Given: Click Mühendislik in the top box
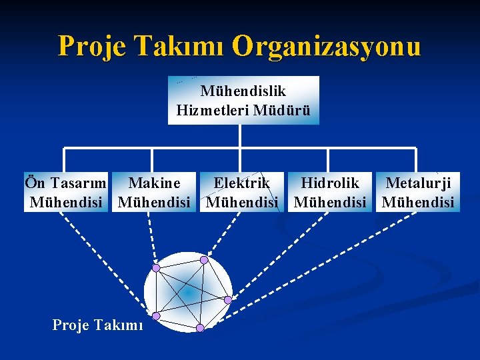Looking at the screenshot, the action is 243,91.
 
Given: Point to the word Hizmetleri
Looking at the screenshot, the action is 213,110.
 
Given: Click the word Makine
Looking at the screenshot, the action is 154,183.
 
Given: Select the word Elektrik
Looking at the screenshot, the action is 241,183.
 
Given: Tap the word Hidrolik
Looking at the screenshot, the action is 329,183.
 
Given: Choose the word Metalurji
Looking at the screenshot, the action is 418,183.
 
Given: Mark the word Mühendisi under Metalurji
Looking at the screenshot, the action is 418,201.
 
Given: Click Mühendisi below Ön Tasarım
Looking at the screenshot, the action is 66,201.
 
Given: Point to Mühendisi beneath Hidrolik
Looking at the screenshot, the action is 329,201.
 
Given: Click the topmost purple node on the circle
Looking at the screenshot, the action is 204,259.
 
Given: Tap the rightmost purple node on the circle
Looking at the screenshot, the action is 228,300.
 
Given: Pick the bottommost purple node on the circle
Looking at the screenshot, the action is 199,328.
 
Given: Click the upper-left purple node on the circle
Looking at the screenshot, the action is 156,268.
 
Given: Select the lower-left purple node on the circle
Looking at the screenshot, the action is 156,315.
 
